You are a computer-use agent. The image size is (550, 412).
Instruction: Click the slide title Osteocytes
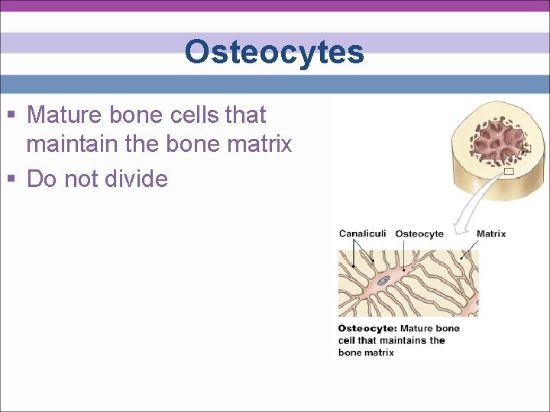click(x=274, y=53)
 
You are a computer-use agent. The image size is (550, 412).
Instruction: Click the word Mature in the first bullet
click(x=66, y=115)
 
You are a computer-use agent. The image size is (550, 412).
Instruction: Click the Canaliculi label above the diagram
click(x=362, y=233)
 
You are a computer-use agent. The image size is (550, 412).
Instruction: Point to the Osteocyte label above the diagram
click(x=419, y=233)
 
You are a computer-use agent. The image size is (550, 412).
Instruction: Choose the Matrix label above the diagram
click(x=490, y=233)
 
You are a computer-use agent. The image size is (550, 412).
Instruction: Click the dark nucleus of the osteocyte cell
click(x=385, y=282)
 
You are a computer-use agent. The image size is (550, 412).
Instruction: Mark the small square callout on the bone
click(x=508, y=172)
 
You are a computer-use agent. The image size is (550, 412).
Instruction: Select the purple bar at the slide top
click(x=274, y=5)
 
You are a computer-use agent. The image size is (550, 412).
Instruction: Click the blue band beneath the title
click(x=274, y=83)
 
